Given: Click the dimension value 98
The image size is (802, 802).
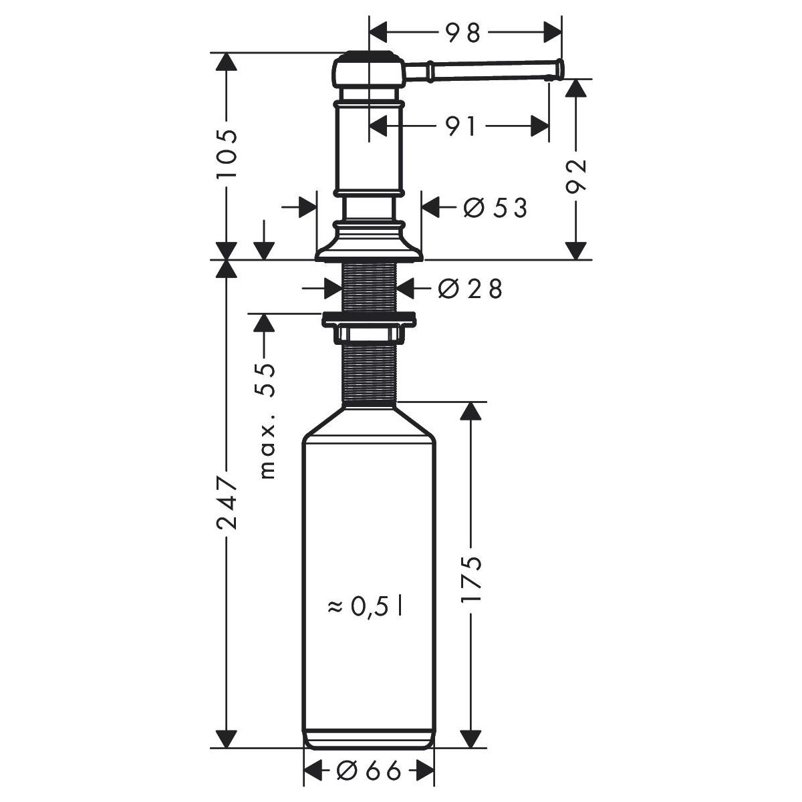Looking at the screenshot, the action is pyautogui.click(x=463, y=33).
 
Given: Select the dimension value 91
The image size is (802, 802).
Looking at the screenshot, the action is pyautogui.click(x=460, y=126).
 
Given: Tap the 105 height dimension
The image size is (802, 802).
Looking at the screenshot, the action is pyautogui.click(x=227, y=154).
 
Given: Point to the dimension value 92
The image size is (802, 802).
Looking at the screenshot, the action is pyautogui.click(x=576, y=176).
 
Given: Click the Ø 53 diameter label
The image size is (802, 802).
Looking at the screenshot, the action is pyautogui.click(x=495, y=207).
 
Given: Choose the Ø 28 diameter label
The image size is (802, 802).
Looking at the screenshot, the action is pyautogui.click(x=470, y=289).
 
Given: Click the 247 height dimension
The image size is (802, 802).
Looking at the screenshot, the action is pyautogui.click(x=227, y=504).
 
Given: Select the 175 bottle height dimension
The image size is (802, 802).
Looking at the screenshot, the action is pyautogui.click(x=472, y=579).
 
